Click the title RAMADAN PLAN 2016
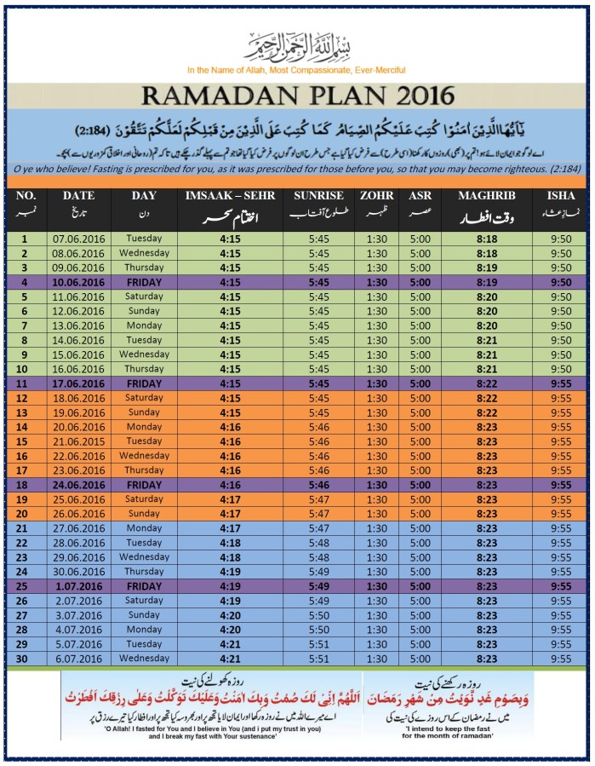pos(298,95)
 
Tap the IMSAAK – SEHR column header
pos(230,196)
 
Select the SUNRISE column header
pos(318,196)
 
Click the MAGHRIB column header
pos(486,196)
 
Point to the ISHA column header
pos(560,196)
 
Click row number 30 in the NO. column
pos(25,659)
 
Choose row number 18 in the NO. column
pos(25,485)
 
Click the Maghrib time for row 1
pos(486,239)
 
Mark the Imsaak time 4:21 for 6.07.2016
pos(230,659)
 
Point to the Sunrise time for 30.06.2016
pos(318,572)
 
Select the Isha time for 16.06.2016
pos(560,369)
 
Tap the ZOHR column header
pos(376,196)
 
